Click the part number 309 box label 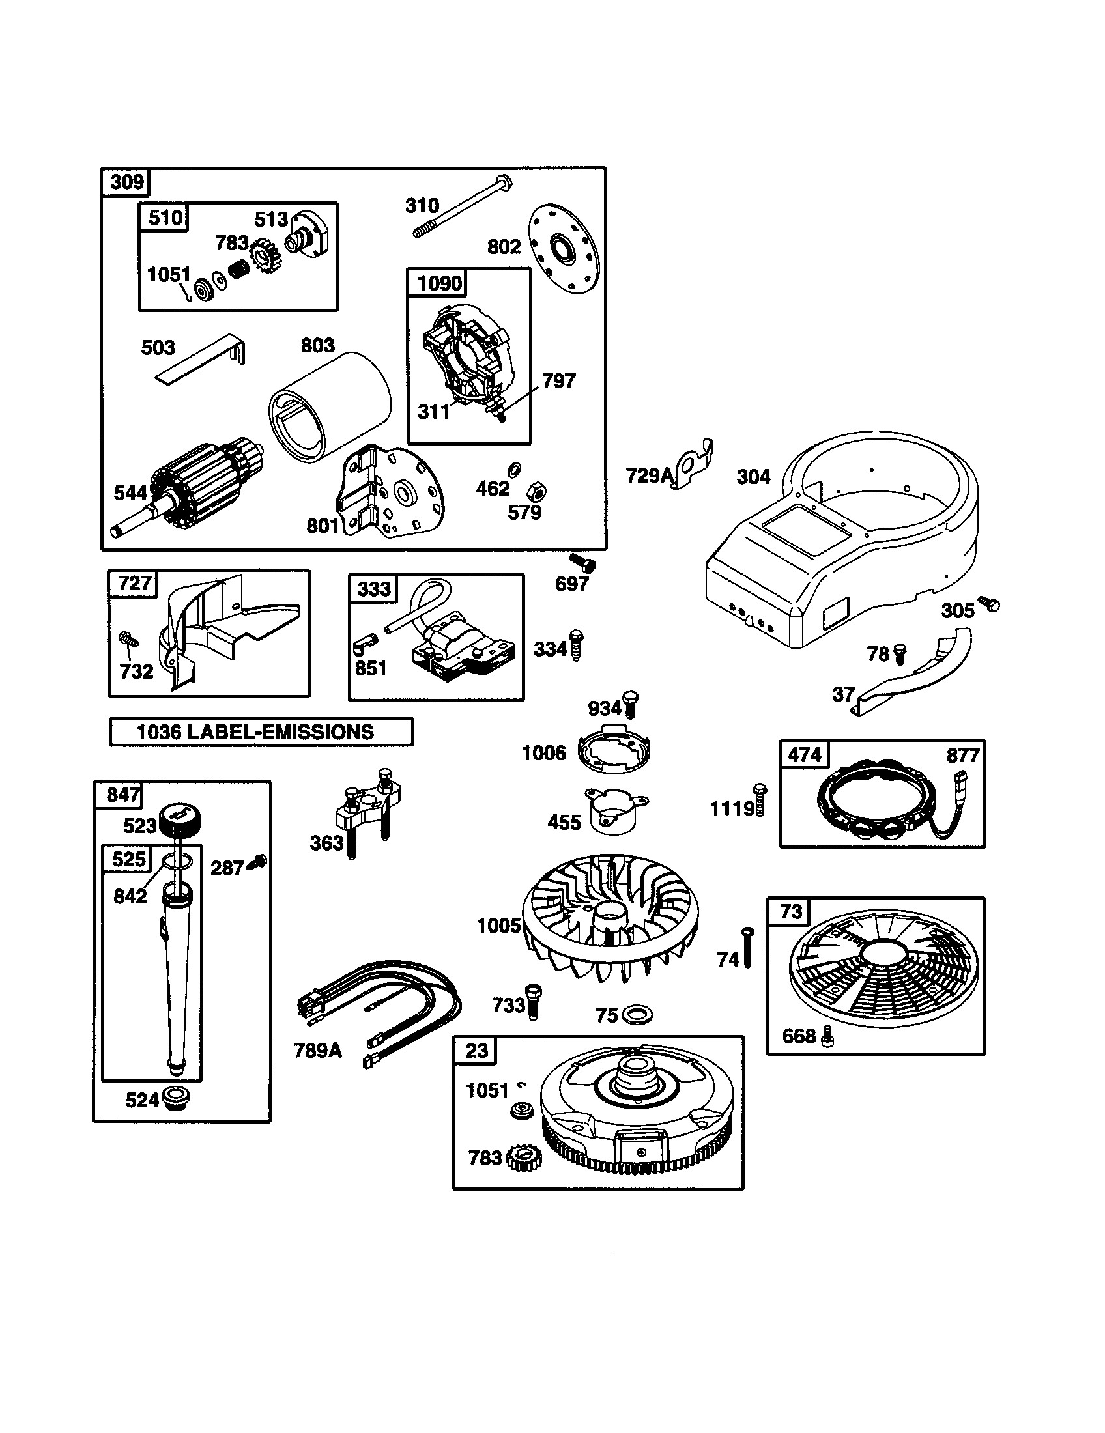[126, 182]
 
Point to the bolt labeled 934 [632, 704]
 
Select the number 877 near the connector [962, 756]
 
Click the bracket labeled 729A [695, 464]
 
